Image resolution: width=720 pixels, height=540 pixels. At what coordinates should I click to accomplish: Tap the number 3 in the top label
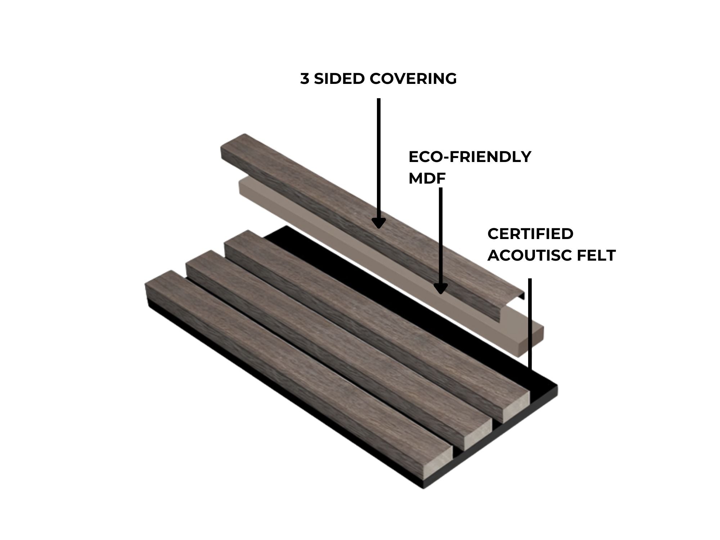305,78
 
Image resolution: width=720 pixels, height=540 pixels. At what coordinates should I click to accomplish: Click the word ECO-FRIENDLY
470,157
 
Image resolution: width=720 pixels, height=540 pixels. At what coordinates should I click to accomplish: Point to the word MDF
427,178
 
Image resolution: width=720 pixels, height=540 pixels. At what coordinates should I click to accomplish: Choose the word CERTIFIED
530,234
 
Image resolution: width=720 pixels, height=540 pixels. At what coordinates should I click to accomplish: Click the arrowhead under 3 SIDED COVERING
378,223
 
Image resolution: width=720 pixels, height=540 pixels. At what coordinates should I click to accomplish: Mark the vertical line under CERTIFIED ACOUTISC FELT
530,324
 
